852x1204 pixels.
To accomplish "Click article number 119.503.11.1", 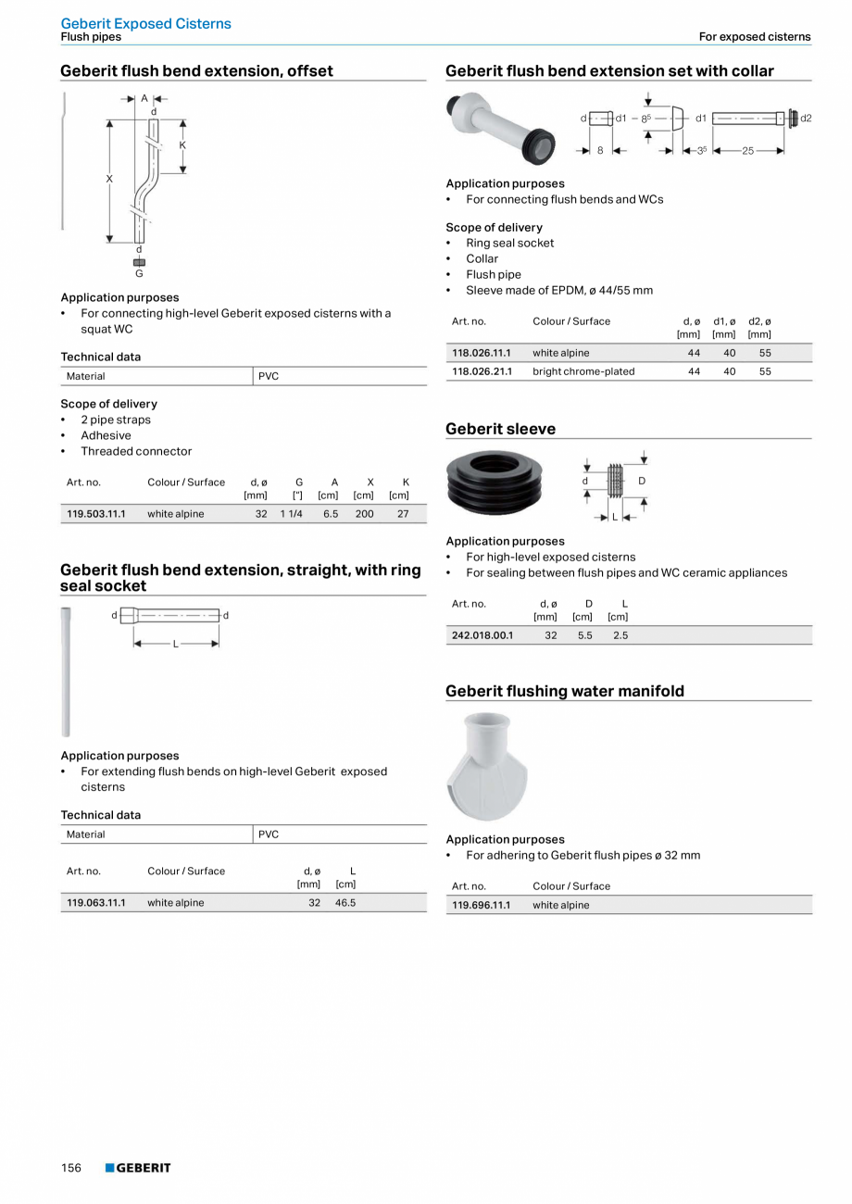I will (96, 513).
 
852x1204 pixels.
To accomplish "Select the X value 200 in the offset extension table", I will (365, 513).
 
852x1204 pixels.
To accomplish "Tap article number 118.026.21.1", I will (482, 371).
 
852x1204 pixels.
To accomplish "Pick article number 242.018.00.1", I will (482, 635).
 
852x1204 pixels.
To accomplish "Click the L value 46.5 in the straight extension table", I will (345, 902).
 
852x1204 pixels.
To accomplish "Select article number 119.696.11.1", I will (482, 905).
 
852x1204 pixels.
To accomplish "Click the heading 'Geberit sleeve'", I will (501, 429).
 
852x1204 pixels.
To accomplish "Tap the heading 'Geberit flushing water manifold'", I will (565, 691).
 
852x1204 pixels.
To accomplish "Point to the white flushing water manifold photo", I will (487, 767).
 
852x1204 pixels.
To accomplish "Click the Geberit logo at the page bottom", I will (138, 1168).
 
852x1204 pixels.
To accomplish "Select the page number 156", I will (71, 1168).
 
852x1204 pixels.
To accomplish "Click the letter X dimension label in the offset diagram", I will (109, 179).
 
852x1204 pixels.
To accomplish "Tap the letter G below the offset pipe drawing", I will (140, 273).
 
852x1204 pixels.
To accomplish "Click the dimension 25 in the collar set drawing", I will (747, 150).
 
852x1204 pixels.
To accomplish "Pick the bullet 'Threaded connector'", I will (136, 451).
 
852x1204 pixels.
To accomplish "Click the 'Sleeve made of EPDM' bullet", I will (559, 290).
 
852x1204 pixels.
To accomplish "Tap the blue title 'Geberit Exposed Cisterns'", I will (146, 23).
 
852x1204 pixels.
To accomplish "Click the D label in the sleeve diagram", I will (642, 481).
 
